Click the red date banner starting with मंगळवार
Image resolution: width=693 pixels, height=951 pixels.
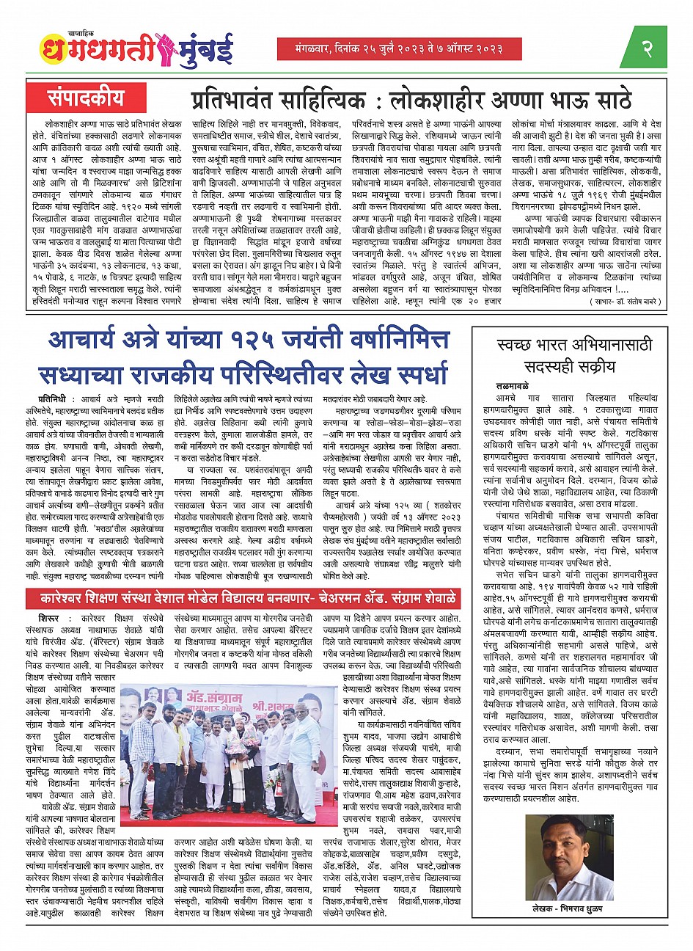click(389, 48)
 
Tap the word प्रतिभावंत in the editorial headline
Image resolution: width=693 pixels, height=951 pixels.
click(241, 99)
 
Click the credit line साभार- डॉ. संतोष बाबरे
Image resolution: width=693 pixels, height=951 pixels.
click(625, 302)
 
